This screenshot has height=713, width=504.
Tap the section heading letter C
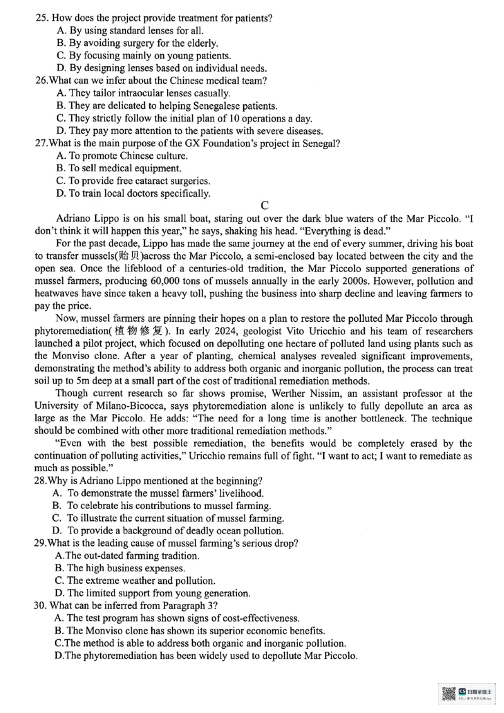[265, 206]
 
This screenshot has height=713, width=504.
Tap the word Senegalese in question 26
[203, 106]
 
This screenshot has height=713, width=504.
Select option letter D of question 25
[60, 69]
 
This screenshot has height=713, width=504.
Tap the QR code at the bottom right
[449, 693]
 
